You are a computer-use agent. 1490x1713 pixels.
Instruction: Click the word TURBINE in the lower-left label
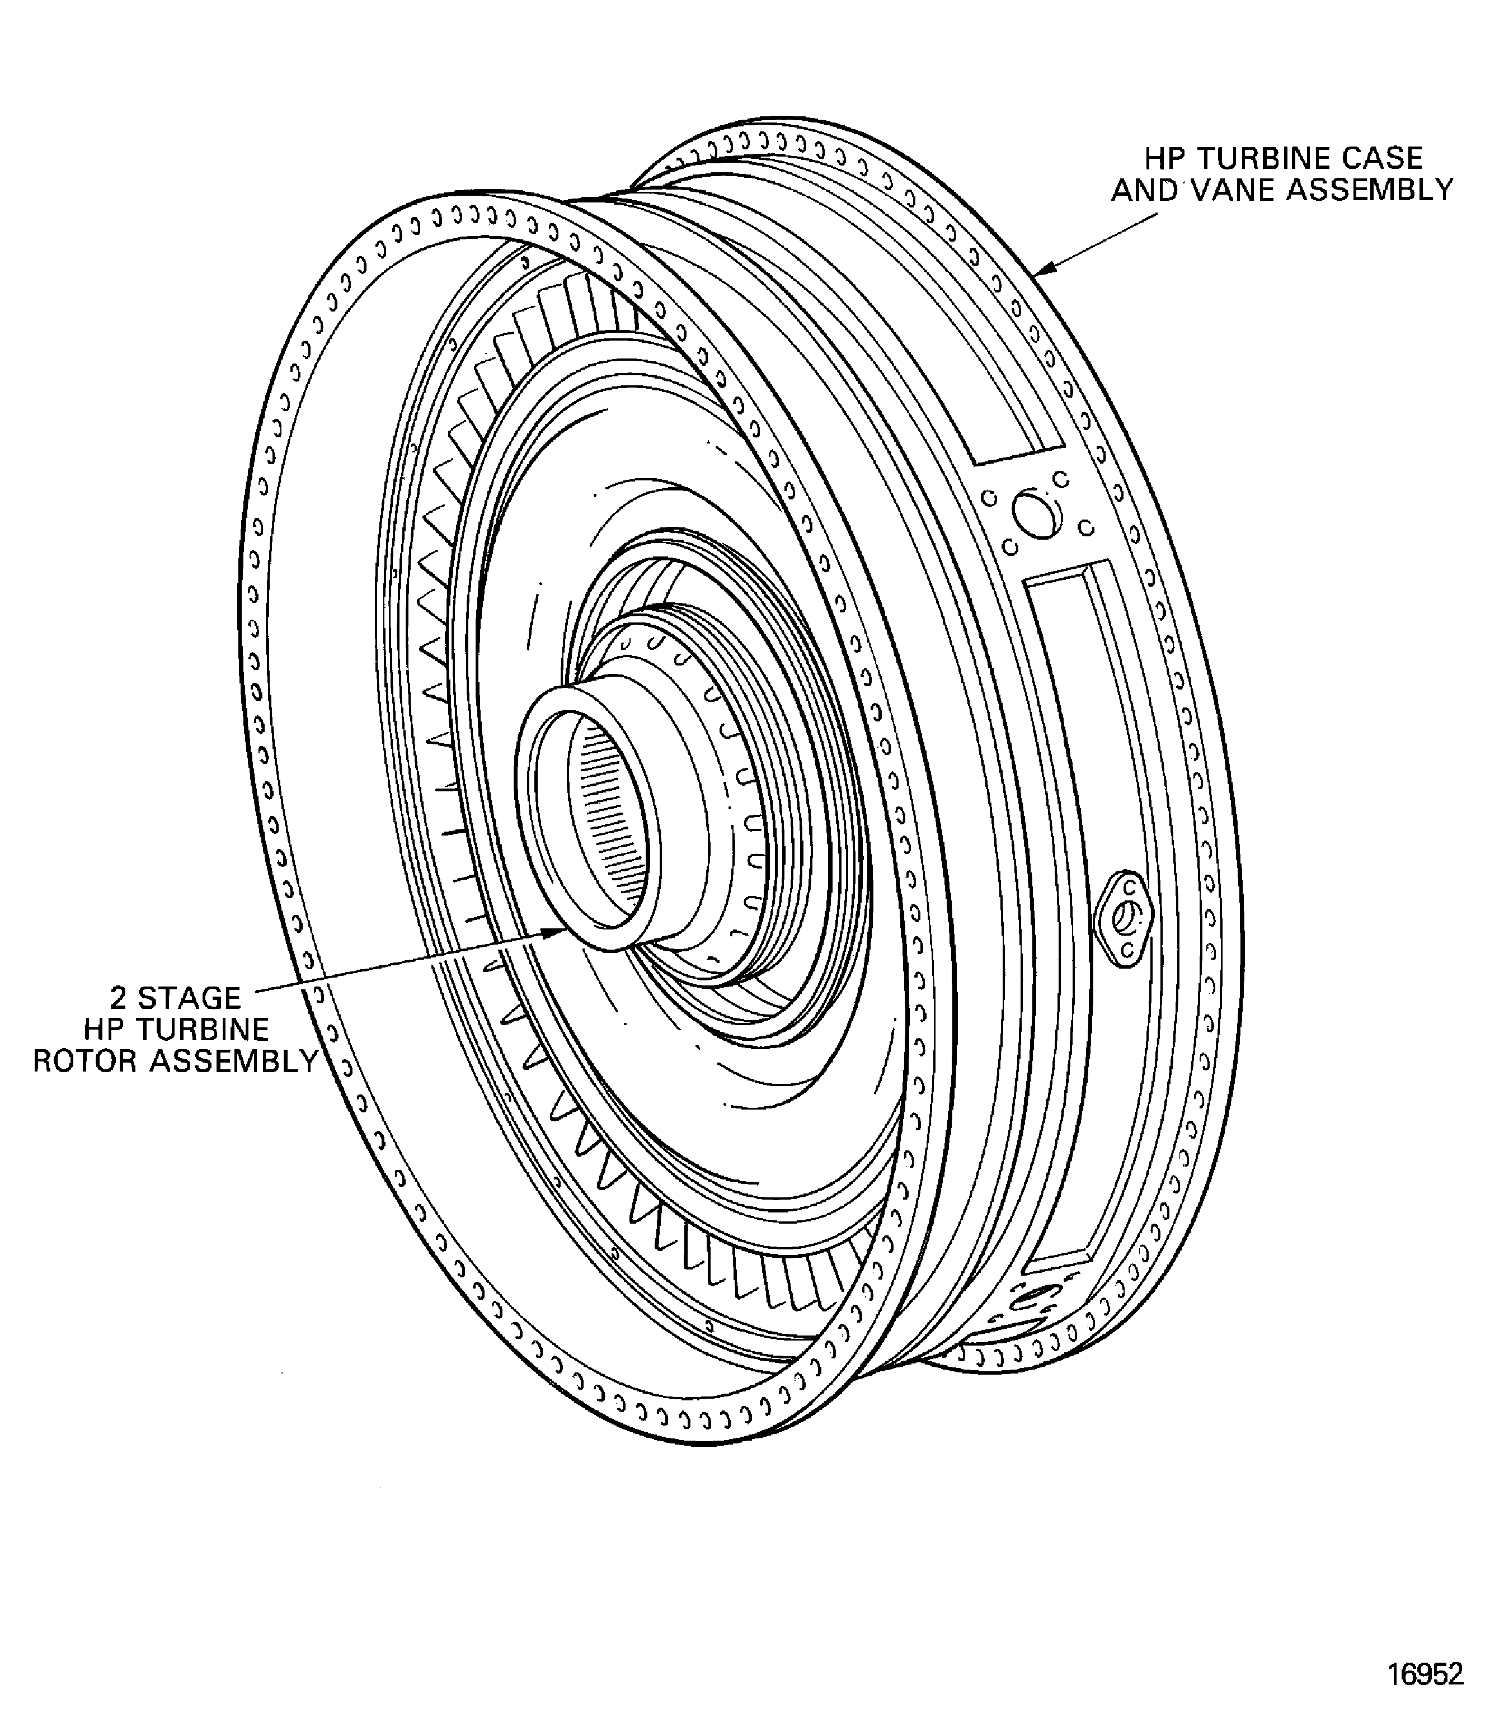pyautogui.click(x=204, y=1029)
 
